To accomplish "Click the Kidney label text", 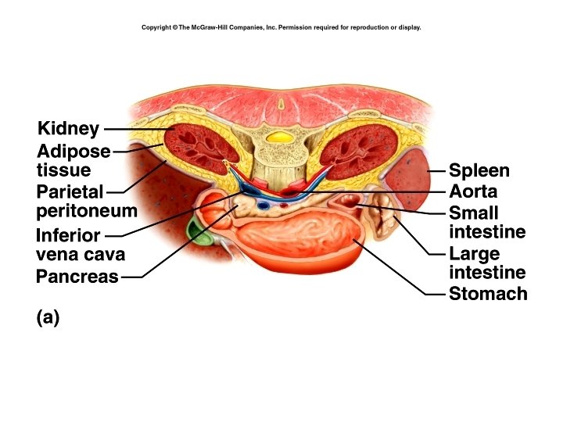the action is click(67, 129).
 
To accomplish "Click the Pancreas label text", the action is click(77, 277).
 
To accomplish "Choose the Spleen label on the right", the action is click(479, 170).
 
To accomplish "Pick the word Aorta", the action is click(473, 191).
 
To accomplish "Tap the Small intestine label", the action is click(486, 222).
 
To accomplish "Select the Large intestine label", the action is click(486, 263).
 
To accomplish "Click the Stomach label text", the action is click(488, 294).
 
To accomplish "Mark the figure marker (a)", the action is click(48, 317).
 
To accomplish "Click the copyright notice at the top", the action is click(281, 27).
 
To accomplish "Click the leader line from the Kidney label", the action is click(133, 129).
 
